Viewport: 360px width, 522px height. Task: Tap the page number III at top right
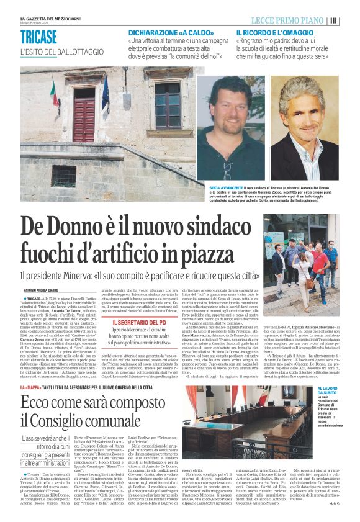(351, 20)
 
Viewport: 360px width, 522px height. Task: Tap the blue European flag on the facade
(106, 93)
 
